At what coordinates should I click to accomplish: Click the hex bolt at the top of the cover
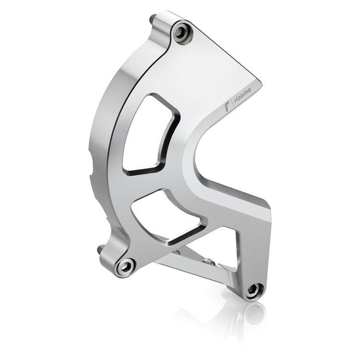(x=181, y=32)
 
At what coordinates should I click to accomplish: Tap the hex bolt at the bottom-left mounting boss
(x=126, y=266)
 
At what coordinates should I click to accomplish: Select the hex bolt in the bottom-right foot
(x=254, y=289)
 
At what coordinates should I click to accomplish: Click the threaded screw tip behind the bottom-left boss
(x=101, y=250)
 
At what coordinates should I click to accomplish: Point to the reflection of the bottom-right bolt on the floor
(x=254, y=314)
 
